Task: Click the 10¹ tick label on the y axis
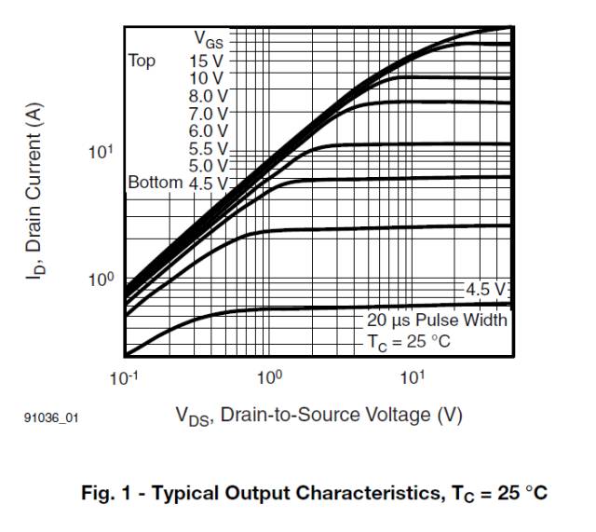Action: tap(101, 152)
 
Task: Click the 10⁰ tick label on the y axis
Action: tap(101, 280)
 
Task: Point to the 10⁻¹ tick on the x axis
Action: tap(123, 377)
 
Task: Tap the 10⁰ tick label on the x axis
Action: tap(269, 377)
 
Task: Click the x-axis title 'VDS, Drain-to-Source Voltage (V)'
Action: tap(318, 415)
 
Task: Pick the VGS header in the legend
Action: tap(210, 39)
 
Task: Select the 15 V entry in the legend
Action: tap(206, 61)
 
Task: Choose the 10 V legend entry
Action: tap(206, 78)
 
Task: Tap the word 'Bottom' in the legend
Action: tap(155, 182)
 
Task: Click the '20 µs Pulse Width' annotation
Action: tap(436, 321)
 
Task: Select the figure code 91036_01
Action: tap(50, 419)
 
